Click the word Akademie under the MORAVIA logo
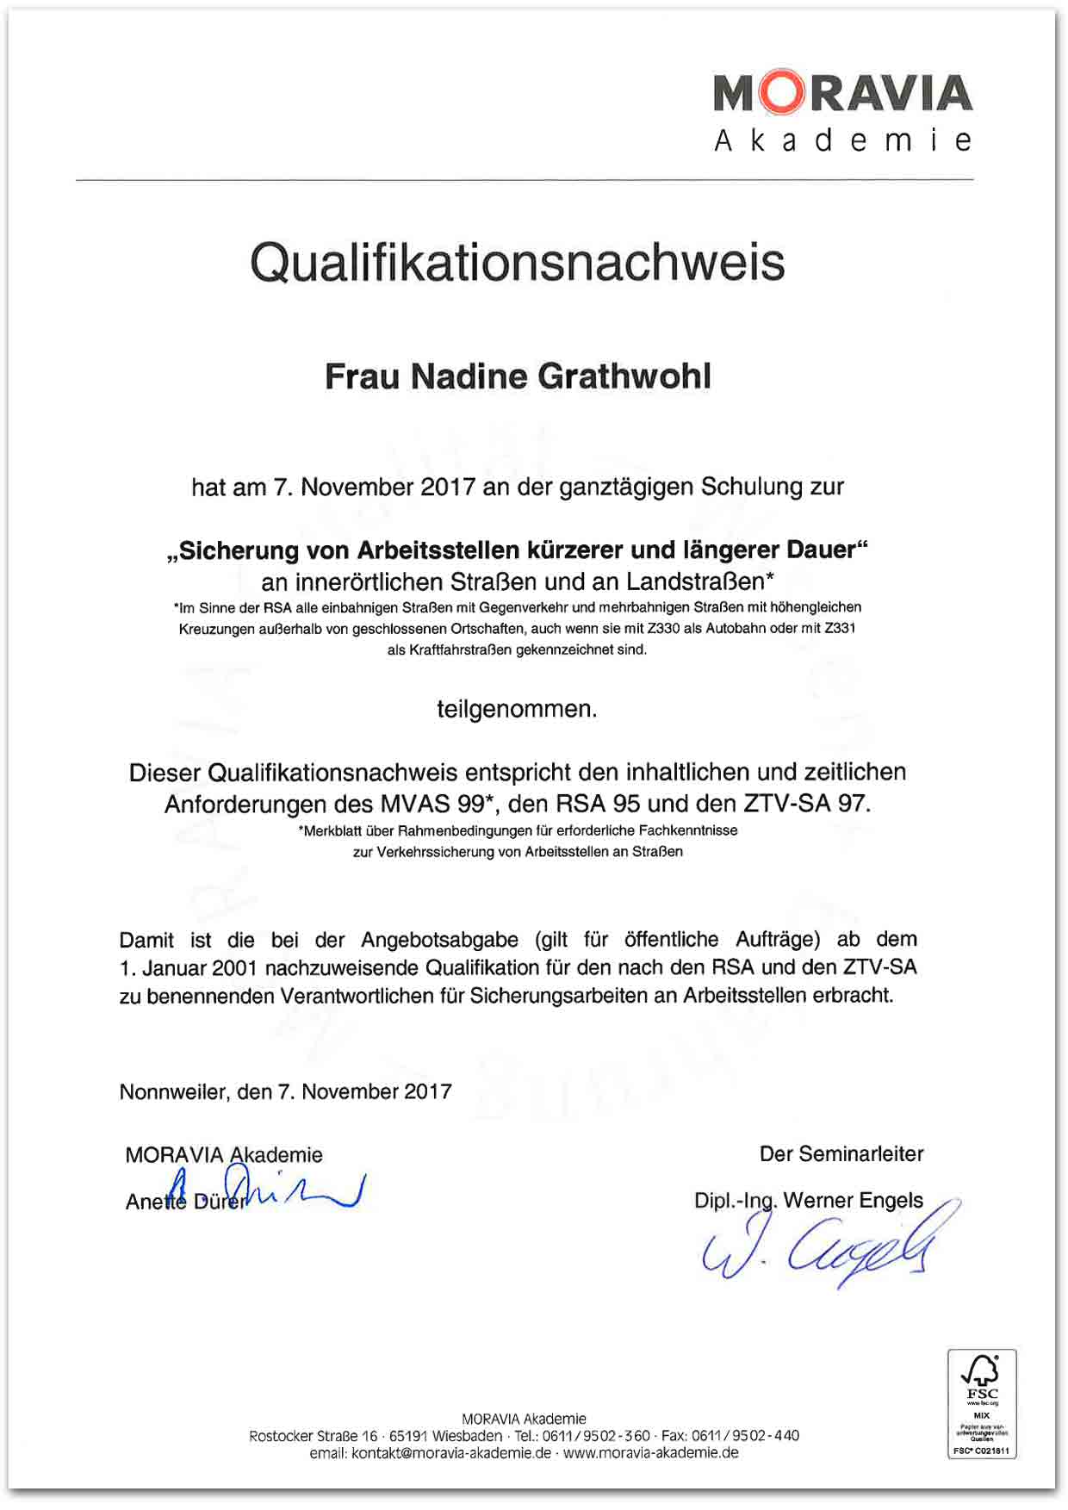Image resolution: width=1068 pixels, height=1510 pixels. pyautogui.click(x=842, y=140)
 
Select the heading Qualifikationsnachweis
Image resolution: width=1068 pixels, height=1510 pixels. pyautogui.click(x=518, y=262)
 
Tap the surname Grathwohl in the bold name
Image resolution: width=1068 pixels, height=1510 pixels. pyautogui.click(x=624, y=376)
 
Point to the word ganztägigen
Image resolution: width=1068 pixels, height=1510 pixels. pyautogui.click(x=627, y=488)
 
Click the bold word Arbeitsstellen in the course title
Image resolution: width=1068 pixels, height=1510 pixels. pyautogui.click(x=438, y=550)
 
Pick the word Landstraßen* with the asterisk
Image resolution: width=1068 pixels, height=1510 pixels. pyautogui.click(x=700, y=581)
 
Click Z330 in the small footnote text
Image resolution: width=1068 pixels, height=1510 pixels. pyautogui.click(x=663, y=629)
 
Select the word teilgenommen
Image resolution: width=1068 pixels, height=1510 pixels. pyautogui.click(x=517, y=710)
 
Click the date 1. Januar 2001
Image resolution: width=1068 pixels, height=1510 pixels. pyautogui.click(x=189, y=968)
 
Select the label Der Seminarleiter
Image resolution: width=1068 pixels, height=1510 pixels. pyautogui.click(x=841, y=1154)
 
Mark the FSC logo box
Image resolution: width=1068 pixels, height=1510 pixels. pyautogui.click(x=982, y=1403)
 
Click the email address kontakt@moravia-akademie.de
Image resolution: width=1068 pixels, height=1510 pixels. pyautogui.click(x=451, y=1453)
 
